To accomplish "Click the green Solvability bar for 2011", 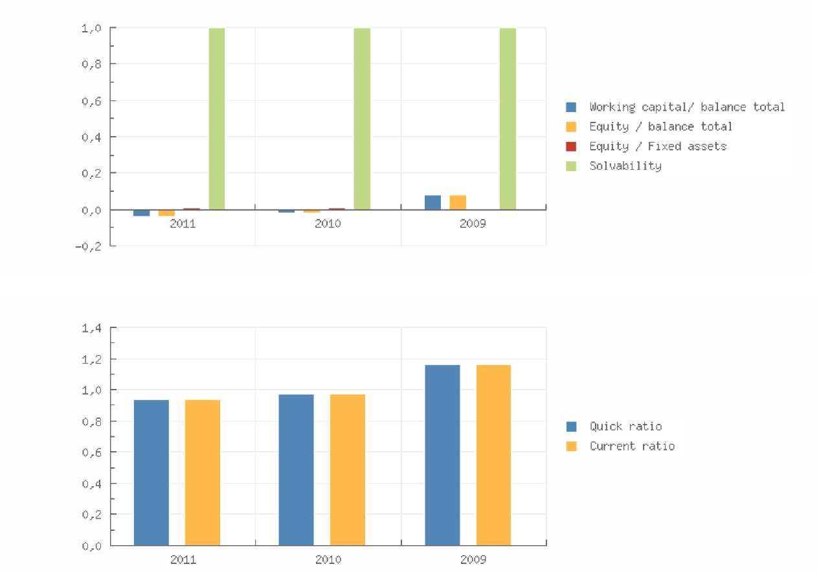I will pos(216,119).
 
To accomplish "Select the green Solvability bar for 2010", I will pos(362,119).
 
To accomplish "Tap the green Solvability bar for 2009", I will pos(508,119).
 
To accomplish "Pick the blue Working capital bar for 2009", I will pos(432,202).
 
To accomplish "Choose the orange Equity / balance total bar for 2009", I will pos(458,202).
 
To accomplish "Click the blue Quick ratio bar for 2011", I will pos(151,472).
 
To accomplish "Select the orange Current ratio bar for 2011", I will pos(203,472).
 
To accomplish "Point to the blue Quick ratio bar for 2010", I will pos(296,469).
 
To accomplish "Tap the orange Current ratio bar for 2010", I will pos(348,469).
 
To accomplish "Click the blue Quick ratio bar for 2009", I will pos(442,454).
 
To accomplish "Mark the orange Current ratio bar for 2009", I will pos(493,454).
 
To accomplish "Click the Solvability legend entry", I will pos(625,166).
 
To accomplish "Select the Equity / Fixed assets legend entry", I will pos(657,146).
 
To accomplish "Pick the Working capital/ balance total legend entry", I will pos(686,107).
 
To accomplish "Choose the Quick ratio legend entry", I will pos(625,427).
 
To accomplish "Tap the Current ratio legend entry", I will pos(631,446).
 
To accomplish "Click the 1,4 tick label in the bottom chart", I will pos(91,328).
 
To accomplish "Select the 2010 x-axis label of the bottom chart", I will pos(328,559).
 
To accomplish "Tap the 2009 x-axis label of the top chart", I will pos(473,224).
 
